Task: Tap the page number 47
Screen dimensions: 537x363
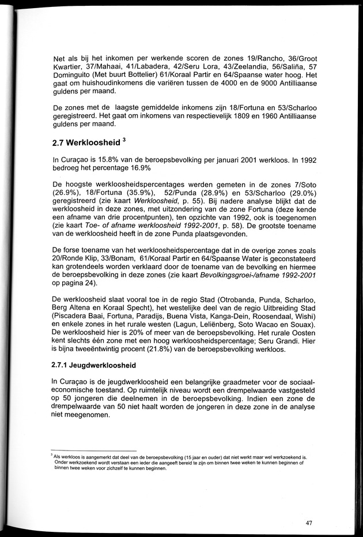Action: (309, 523)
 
